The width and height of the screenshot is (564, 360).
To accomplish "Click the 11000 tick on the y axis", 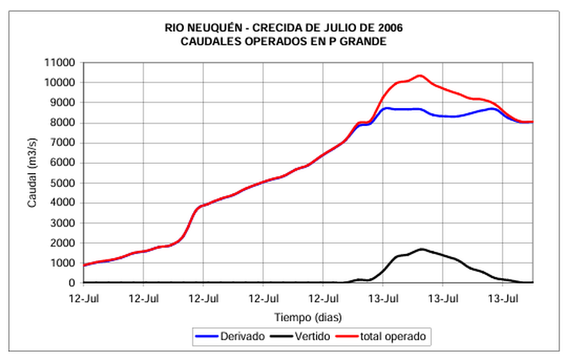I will pyautogui.click(x=59, y=63).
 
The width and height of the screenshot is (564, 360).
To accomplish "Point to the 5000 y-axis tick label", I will pyautogui.click(x=63, y=183).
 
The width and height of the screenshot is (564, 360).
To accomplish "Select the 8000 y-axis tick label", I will pyautogui.click(x=63, y=123).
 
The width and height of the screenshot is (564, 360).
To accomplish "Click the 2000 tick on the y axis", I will pyautogui.click(x=63, y=243).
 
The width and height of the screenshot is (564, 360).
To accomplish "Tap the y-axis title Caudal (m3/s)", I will pyautogui.click(x=32, y=172).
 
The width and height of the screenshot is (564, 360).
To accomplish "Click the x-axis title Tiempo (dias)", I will pyautogui.click(x=307, y=317).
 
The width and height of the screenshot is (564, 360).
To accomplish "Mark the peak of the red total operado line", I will pyautogui.click(x=420, y=76).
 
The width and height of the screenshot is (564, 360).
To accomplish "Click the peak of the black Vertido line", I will pyautogui.click(x=421, y=249).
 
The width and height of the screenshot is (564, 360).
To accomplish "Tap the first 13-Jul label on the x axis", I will pyautogui.click(x=383, y=297).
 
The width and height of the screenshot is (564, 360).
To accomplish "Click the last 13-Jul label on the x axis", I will pyautogui.click(x=503, y=297).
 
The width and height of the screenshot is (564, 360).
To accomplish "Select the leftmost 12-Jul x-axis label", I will pyautogui.click(x=84, y=297).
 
